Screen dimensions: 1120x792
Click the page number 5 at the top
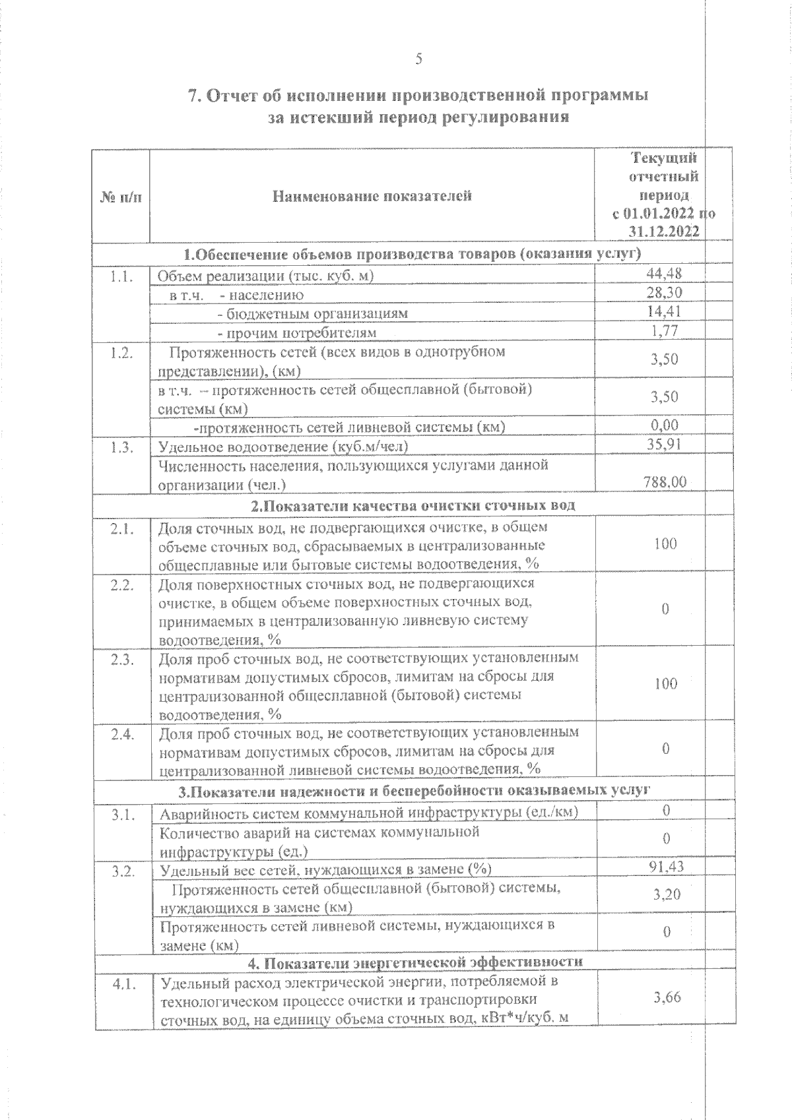(418, 59)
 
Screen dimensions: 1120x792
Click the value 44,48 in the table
(665, 274)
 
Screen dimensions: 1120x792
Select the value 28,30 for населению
(665, 293)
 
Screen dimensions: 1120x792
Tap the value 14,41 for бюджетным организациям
(665, 311)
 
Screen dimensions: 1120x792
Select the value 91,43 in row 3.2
(667, 867)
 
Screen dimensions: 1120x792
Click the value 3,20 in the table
(667, 895)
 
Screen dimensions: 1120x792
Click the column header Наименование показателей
(373, 196)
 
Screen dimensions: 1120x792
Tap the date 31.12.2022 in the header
(664, 232)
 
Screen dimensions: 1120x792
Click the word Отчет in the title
(244, 96)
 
